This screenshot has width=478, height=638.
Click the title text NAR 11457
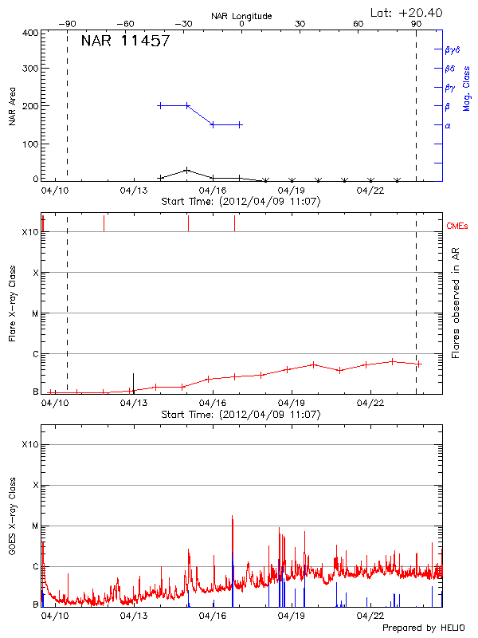coord(125,41)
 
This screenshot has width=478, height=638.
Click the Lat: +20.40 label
coord(407,12)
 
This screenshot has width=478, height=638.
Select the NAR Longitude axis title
coord(241,16)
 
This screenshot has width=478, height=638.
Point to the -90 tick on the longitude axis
coord(69,24)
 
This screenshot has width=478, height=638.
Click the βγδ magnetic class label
coord(451,49)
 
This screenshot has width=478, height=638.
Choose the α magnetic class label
coord(447,125)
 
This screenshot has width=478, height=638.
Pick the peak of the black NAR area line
coord(186,170)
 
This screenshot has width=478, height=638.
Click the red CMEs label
coord(457,226)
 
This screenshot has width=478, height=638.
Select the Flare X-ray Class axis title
coord(13,302)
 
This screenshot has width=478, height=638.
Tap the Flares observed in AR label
coord(456,303)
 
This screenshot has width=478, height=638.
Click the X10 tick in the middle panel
coord(29,232)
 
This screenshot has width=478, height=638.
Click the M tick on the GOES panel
coord(35,526)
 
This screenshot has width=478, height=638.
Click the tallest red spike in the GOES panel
coord(233,517)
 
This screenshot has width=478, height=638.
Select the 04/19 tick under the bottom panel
coord(292,616)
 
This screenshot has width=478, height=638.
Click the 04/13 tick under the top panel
coord(134,191)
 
